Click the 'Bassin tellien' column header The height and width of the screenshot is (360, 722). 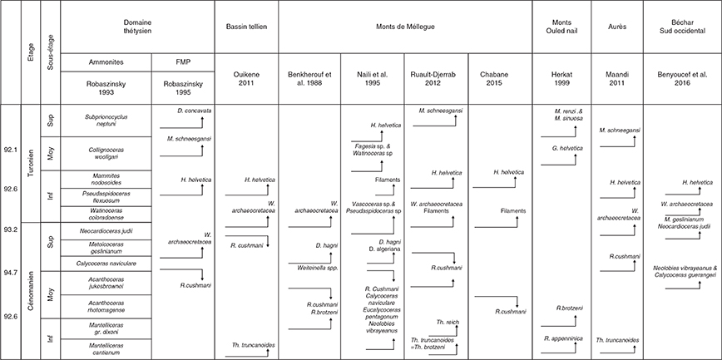(246, 27)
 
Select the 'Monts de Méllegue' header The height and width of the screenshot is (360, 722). (405, 27)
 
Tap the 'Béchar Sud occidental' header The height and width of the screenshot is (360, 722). (682, 27)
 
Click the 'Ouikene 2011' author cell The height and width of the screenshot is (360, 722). (246, 78)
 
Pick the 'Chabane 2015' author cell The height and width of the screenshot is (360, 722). (500, 78)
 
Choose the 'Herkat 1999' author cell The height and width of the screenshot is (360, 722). (561, 78)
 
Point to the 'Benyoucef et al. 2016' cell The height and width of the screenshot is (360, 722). (682, 78)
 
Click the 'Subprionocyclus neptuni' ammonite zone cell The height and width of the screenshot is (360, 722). (106, 121)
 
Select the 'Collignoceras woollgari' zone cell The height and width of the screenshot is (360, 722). (106, 153)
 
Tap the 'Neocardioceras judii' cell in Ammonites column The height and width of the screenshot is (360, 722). (106, 230)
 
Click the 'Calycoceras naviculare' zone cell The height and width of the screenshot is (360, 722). (106, 264)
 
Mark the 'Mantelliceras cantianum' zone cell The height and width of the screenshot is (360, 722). (106, 349)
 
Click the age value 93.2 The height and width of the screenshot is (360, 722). (10, 229)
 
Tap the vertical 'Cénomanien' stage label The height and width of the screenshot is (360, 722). (31, 291)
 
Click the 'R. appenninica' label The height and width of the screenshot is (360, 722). (564, 339)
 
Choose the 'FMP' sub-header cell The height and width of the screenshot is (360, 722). (183, 62)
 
